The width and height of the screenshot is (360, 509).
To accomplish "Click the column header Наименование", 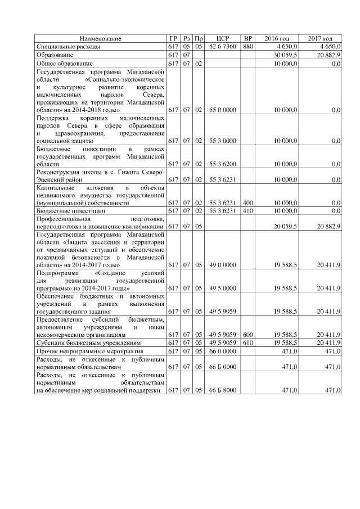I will [100, 38].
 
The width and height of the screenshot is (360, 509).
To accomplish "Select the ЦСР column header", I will [223, 38].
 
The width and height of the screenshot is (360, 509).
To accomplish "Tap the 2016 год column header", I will [276, 38].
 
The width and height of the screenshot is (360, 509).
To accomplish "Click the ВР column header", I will [248, 38].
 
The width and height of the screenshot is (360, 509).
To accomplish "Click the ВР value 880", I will [248, 46].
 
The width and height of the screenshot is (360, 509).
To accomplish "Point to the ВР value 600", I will [248, 334].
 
